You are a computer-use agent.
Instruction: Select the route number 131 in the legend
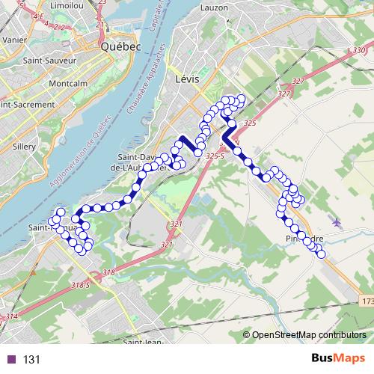pyautogui.click(x=32, y=359)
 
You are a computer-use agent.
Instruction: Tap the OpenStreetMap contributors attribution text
pyautogui.click(x=308, y=334)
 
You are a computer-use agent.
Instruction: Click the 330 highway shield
pyautogui.click(x=352, y=49)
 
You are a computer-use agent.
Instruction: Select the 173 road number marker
pyautogui.click(x=366, y=301)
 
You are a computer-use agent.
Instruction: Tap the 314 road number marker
pyautogui.click(x=10, y=317)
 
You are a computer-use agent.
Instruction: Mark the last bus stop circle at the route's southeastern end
pyautogui.click(x=322, y=254)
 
